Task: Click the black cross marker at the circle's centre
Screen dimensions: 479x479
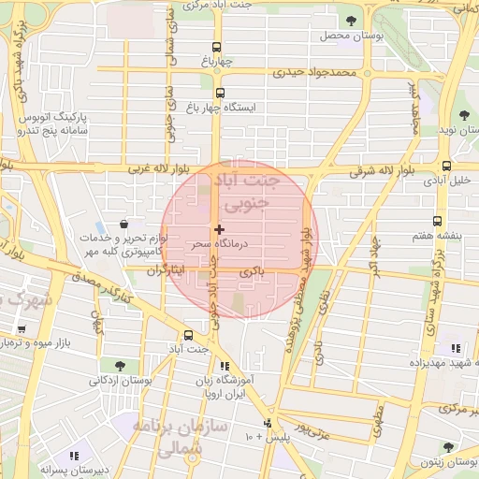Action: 219,229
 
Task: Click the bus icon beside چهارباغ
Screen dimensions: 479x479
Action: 217,48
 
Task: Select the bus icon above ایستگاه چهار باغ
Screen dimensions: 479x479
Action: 221,93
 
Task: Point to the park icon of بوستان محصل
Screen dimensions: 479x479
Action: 351,21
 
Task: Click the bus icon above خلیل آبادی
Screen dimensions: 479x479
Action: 446,167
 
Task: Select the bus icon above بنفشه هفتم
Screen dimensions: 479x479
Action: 438,221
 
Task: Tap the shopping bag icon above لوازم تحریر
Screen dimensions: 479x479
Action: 124,224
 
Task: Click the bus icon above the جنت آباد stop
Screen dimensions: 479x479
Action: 188,333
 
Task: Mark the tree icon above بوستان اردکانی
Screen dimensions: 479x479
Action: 119,365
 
